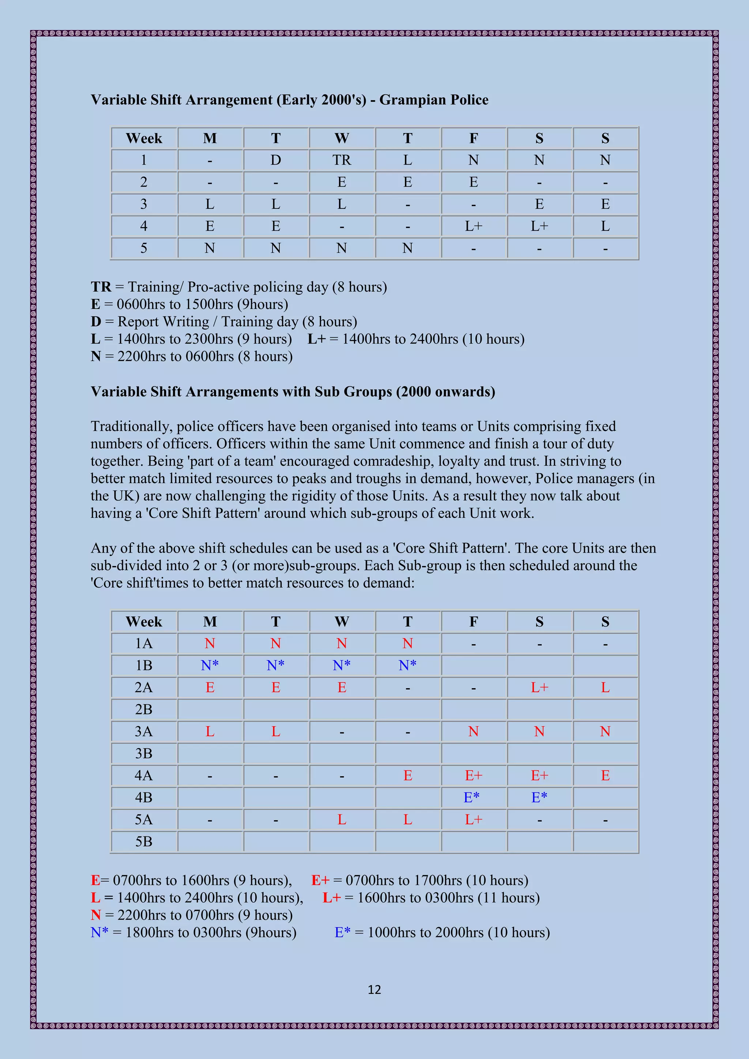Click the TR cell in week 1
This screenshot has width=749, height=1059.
tap(341, 160)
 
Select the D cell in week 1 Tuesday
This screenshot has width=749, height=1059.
tap(275, 160)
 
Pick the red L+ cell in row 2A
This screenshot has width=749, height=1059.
tap(539, 687)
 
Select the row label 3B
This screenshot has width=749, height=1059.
tap(143, 753)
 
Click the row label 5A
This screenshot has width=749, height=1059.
tap(143, 819)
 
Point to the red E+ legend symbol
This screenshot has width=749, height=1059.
tap(320, 880)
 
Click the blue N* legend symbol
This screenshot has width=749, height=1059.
tap(99, 932)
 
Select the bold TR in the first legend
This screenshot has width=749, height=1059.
tap(101, 287)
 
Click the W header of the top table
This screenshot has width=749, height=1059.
tap(341, 138)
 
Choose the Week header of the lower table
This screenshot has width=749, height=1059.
tap(143, 621)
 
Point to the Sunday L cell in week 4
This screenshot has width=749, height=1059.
tap(605, 226)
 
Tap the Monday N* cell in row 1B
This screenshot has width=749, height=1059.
tap(210, 665)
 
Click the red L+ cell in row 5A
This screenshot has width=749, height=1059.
tap(473, 819)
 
